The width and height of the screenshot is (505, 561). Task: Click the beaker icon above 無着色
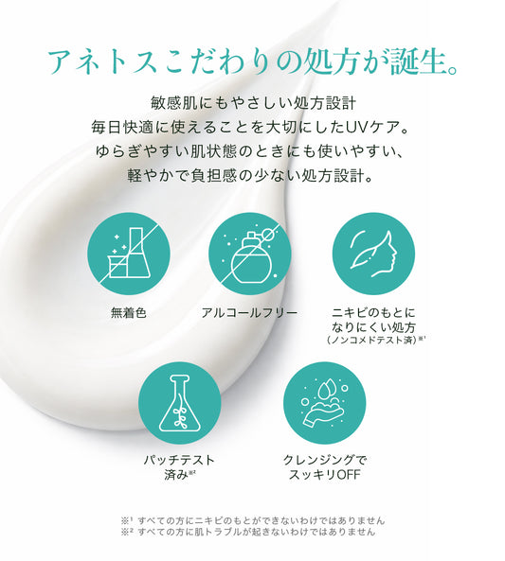click(x=129, y=254)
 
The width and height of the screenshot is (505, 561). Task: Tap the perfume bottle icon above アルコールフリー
click(x=250, y=254)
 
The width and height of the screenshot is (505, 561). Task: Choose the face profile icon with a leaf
click(x=373, y=254)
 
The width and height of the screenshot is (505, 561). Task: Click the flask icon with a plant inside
click(x=180, y=402)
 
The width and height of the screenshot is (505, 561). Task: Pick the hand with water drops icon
click(x=325, y=402)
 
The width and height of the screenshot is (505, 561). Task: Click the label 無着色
click(x=129, y=313)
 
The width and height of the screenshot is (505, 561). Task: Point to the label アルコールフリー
click(x=250, y=313)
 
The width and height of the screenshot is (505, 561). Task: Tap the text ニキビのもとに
click(x=373, y=313)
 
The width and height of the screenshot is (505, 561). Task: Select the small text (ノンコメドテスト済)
click(x=371, y=340)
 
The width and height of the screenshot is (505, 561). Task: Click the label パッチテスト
click(x=179, y=460)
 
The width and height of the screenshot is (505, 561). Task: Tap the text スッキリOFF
click(x=325, y=476)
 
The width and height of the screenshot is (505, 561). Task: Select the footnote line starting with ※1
click(x=253, y=520)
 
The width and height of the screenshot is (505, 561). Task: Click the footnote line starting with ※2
click(x=248, y=532)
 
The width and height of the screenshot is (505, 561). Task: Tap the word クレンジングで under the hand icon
click(x=325, y=460)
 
